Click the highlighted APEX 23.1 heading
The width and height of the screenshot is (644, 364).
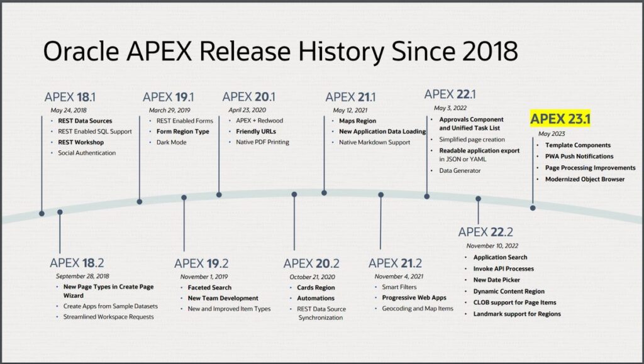coord(560,119)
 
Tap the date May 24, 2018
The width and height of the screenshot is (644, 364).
coord(69,110)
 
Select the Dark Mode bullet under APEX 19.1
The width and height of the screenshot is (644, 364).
coord(171,142)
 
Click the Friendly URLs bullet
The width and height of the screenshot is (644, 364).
coord(256,131)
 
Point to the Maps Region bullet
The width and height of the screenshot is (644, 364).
coord(357,121)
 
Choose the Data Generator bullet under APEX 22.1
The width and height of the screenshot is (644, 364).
coord(460,170)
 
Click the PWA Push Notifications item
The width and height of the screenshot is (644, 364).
coord(579,157)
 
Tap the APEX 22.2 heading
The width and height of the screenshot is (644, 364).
coord(486,232)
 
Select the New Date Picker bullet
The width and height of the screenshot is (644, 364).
coord(497,280)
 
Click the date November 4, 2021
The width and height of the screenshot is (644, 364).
coord(399,276)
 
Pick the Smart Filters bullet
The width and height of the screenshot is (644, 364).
coord(399,287)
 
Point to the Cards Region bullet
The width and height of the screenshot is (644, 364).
coord(316,288)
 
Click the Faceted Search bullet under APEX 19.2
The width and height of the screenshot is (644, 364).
coord(209,288)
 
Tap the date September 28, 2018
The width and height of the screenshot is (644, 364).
coord(82,276)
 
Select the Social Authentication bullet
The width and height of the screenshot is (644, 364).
coord(87,153)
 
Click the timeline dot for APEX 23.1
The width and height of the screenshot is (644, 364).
coord(533,208)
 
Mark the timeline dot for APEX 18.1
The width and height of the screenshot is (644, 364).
coord(42,213)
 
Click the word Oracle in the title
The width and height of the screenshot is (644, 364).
coord(81,52)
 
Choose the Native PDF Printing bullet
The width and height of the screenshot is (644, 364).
coord(262,142)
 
